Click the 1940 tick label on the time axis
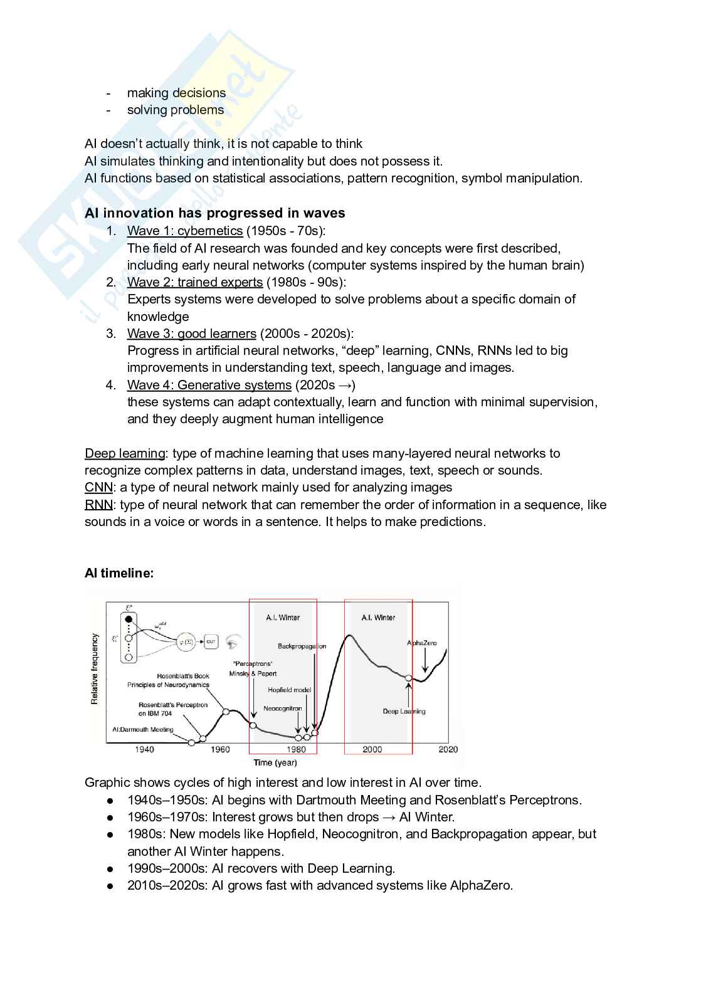point(144,749)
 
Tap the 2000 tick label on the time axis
point(372,749)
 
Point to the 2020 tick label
point(448,749)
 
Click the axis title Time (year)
point(275,762)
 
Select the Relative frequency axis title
point(95,668)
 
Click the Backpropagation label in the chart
point(302,646)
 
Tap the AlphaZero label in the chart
point(421,643)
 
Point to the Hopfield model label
point(289,690)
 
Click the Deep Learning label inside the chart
point(404,711)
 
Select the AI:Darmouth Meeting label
point(142,729)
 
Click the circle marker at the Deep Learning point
point(408,678)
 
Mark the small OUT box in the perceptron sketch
point(211,641)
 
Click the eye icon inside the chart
point(233,642)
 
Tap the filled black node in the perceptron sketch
point(129,619)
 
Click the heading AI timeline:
point(119,572)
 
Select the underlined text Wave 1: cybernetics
point(185,231)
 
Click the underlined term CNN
point(98,487)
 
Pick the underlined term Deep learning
point(125,453)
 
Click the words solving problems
point(176,110)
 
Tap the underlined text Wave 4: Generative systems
point(209,385)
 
